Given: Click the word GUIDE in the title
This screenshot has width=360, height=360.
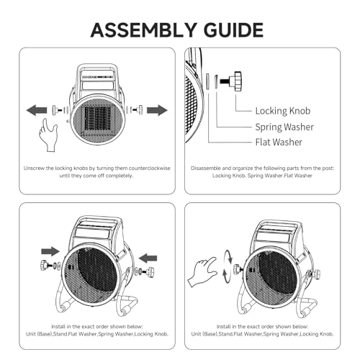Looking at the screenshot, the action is [233, 30].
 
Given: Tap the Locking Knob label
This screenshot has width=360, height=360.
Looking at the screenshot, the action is [283, 111].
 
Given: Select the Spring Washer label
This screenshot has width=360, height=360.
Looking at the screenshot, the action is [284, 127].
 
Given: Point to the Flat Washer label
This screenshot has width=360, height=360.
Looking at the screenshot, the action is [279, 142].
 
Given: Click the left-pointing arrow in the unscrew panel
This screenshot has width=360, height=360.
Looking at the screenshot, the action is [37, 110].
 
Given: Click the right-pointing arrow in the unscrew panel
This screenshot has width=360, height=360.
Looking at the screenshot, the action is [157, 110].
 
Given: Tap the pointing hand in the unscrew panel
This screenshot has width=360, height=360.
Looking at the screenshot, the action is [48, 135].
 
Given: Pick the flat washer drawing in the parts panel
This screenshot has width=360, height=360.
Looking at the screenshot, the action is [207, 81].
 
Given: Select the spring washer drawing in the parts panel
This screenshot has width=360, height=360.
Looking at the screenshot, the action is [216, 81].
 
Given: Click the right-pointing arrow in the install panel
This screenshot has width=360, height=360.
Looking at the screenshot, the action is [50, 251].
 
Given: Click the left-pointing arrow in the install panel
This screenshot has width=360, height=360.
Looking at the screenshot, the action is [148, 258].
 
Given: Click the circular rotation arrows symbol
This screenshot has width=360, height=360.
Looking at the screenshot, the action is [228, 266].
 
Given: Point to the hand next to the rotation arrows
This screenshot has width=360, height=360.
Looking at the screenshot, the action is [202, 271].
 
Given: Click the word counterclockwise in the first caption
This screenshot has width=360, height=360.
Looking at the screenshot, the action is [149, 168].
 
